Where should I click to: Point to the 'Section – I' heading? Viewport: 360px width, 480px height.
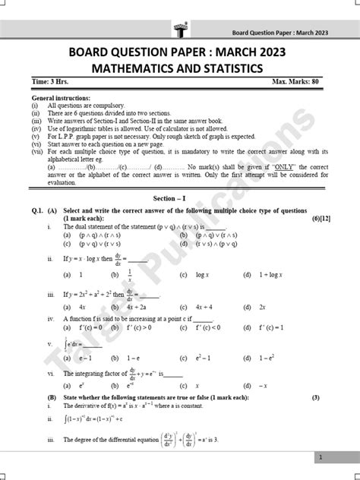tap(181, 196)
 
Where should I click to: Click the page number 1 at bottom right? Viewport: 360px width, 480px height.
tap(321, 457)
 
